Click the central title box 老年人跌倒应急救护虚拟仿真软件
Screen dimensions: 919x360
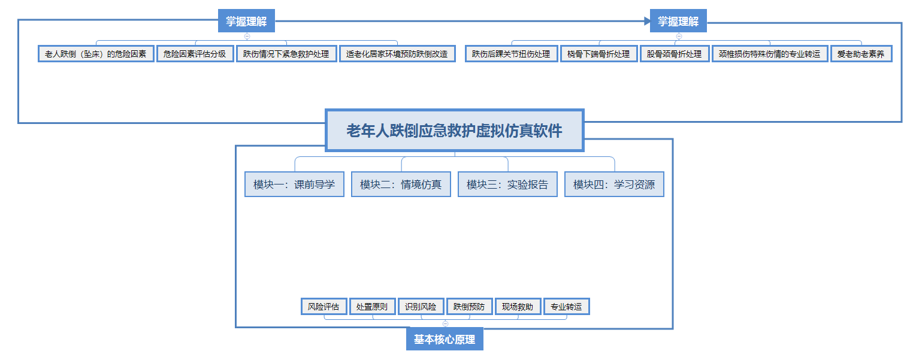click(455, 131)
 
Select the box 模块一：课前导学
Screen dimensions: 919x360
click(294, 184)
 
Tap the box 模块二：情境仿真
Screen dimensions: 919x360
click(401, 184)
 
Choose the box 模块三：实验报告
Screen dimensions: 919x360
click(507, 184)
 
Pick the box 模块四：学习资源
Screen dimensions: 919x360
click(614, 184)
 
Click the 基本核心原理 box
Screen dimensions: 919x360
click(445, 339)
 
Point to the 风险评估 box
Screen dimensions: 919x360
click(324, 306)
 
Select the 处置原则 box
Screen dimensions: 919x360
click(372, 306)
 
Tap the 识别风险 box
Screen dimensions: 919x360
click(421, 306)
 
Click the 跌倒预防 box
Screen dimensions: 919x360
click(469, 306)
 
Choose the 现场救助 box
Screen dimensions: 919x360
click(518, 306)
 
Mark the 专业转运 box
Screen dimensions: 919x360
click(567, 306)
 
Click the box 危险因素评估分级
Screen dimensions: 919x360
click(195, 54)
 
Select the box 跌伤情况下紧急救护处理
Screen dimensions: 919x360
click(286, 54)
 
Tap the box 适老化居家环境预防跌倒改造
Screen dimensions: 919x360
click(397, 54)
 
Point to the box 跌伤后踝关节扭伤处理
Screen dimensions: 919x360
click(511, 54)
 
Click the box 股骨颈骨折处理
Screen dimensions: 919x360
click(675, 54)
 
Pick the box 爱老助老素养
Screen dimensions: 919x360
click(861, 54)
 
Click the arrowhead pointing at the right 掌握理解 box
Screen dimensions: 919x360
click(647, 21)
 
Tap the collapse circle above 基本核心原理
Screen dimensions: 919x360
click(445, 323)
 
